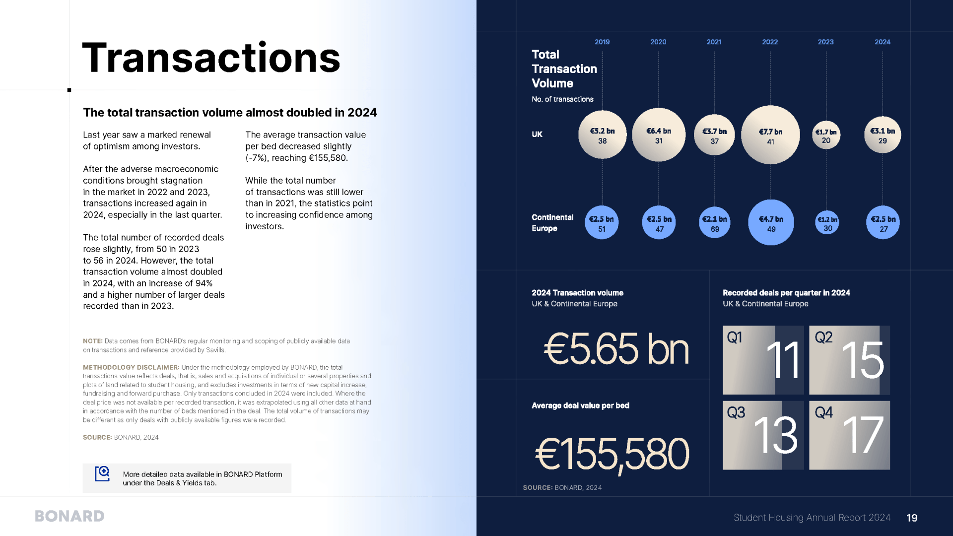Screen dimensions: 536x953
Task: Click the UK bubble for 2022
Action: [x=770, y=135]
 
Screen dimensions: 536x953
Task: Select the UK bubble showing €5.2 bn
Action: [x=602, y=135]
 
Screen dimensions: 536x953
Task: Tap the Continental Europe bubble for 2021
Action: [x=714, y=223]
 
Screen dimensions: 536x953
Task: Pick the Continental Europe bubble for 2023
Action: [x=827, y=223]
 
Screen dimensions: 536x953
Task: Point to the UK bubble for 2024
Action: [x=883, y=135]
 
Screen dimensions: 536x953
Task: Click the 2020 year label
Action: [x=658, y=42]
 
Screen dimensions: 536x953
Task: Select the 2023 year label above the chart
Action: [x=825, y=42]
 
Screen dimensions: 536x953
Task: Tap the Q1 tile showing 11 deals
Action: [x=763, y=360]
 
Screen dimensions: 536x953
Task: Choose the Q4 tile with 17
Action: [x=849, y=435]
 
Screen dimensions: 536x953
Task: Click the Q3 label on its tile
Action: [x=736, y=412]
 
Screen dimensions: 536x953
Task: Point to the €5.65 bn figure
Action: [x=616, y=349]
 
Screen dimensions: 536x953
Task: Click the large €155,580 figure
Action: [x=612, y=454]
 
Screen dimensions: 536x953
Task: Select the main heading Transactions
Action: [x=211, y=58]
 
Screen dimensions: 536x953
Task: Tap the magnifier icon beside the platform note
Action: [x=102, y=474]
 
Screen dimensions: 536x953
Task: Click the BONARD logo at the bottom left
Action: [x=69, y=516]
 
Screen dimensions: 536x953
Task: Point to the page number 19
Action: [x=912, y=518]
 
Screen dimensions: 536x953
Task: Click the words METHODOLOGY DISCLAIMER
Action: [x=131, y=367]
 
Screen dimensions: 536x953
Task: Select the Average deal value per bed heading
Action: [x=580, y=405]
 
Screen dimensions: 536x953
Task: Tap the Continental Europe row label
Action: [x=552, y=223]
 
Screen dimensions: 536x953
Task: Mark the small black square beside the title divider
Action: [x=69, y=90]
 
